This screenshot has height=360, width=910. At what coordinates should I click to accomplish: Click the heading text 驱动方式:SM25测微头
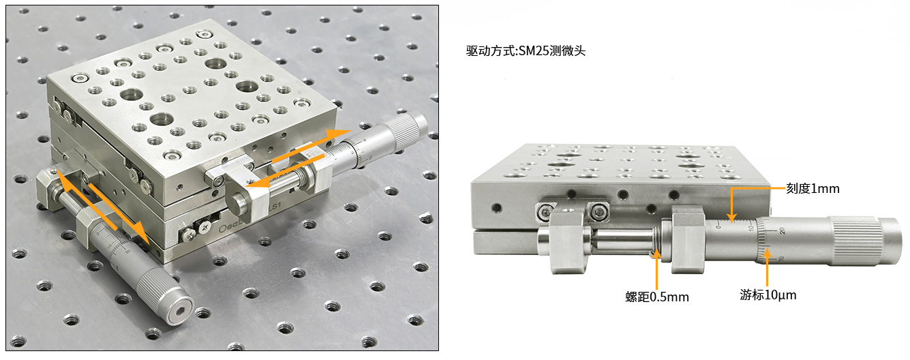pyautogui.click(x=526, y=50)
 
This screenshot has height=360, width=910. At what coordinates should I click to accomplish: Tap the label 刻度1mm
pyautogui.click(x=813, y=189)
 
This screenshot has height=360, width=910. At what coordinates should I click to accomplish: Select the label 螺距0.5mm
pyautogui.click(x=657, y=297)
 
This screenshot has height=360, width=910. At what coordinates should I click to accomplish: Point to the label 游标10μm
pyautogui.click(x=768, y=295)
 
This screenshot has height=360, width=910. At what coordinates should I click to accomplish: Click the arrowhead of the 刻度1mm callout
pyautogui.click(x=731, y=220)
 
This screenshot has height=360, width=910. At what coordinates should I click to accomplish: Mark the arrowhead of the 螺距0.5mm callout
pyautogui.click(x=656, y=255)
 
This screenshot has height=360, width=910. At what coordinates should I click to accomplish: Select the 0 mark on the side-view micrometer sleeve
pyautogui.click(x=718, y=225)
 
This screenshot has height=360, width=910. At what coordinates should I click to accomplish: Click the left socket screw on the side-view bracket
pyautogui.click(x=545, y=211)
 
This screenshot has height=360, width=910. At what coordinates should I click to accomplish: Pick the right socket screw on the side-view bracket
pyautogui.click(x=598, y=211)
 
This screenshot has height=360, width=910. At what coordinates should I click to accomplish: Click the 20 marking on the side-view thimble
pyautogui.click(x=782, y=230)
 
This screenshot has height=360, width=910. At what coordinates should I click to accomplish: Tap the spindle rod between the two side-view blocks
pyautogui.click(x=622, y=241)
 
